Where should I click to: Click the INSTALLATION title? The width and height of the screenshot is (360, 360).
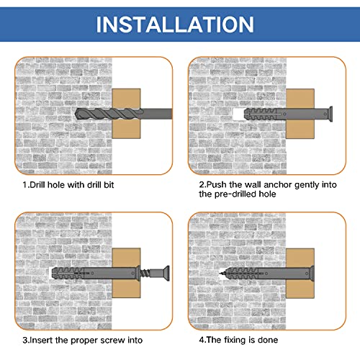pyautogui.click(x=180, y=24)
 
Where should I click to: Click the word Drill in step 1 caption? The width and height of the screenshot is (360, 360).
pyautogui.click(x=37, y=184)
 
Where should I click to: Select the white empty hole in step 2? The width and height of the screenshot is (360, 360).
pyautogui.click(x=238, y=114)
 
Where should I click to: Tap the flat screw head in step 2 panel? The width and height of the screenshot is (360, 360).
pyautogui.click(x=330, y=114)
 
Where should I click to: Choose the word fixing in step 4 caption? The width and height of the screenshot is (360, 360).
pyautogui.click(x=238, y=339)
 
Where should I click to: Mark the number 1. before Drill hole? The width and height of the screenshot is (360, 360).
pyautogui.click(x=24, y=184)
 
